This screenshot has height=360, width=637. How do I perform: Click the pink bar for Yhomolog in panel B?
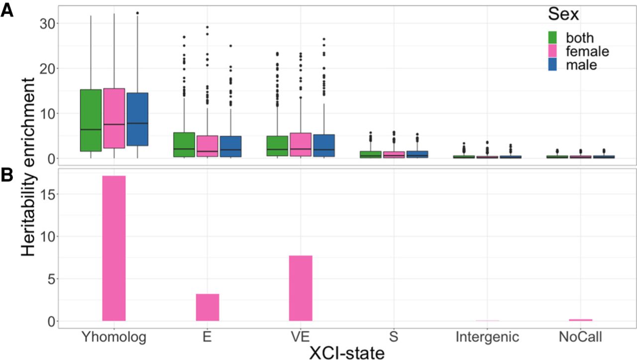[x=114, y=248]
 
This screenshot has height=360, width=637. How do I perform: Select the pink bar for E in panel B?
[x=207, y=308]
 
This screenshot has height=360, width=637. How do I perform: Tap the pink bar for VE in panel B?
[x=300, y=288]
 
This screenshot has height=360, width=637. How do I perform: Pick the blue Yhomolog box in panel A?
[x=137, y=120]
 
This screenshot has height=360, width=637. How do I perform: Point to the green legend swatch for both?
[x=552, y=37]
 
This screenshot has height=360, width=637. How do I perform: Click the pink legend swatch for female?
[x=552, y=51]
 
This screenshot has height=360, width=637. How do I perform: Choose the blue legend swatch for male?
[x=552, y=64]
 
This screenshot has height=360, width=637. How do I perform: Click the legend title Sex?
[x=563, y=14]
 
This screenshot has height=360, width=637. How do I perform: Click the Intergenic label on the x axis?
[x=487, y=337]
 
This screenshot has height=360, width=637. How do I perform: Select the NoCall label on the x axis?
[x=580, y=337]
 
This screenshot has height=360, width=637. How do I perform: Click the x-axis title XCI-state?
[x=347, y=352]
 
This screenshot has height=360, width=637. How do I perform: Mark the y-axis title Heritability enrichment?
[x=28, y=167]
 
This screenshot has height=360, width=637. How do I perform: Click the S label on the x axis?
[x=394, y=337]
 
